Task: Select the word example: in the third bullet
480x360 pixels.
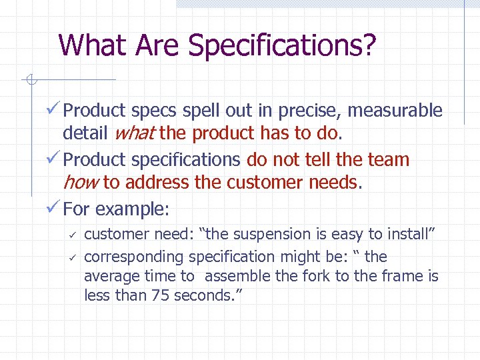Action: tap(132, 209)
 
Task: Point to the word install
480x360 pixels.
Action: tap(408, 234)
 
